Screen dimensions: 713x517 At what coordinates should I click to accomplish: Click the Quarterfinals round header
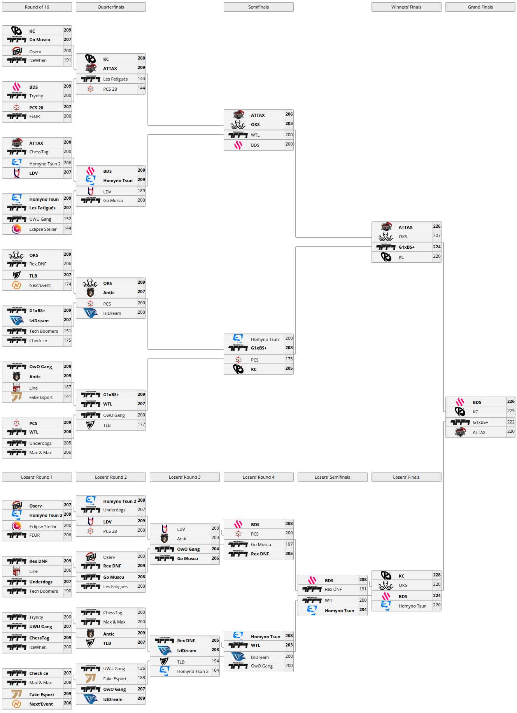[x=110, y=7]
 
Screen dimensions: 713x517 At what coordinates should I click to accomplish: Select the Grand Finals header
[x=480, y=7]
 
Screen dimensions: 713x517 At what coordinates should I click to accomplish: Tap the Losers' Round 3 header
[x=184, y=477]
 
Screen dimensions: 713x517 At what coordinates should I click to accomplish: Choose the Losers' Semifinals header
[x=332, y=477]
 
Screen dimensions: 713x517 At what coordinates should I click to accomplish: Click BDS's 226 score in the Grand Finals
[x=511, y=401]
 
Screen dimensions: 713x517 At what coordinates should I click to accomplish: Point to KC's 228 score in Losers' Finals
[x=437, y=575]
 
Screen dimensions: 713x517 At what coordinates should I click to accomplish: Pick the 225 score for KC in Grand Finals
[x=511, y=411]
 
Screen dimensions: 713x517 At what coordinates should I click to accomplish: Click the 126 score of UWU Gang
[x=141, y=668]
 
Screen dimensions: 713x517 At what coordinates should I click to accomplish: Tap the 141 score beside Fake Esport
[x=67, y=396]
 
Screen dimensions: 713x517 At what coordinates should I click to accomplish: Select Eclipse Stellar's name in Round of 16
[x=43, y=229]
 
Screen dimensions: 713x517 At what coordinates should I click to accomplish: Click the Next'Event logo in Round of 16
[x=16, y=285]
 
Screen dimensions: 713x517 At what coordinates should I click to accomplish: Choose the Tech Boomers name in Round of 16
[x=44, y=331]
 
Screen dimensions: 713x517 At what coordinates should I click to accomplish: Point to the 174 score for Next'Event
[x=67, y=284]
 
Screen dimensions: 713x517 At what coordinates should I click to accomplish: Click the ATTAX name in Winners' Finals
[x=405, y=227]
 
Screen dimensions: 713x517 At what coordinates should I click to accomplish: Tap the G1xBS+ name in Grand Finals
[x=480, y=422]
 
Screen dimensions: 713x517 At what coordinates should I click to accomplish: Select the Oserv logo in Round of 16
[x=17, y=51]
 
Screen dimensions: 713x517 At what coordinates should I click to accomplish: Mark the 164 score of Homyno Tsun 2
[x=215, y=670]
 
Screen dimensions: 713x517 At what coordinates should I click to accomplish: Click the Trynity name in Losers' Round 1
[x=36, y=617]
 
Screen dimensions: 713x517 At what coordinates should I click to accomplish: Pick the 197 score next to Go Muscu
[x=289, y=544]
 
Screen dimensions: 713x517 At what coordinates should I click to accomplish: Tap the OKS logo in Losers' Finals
[x=386, y=585]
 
